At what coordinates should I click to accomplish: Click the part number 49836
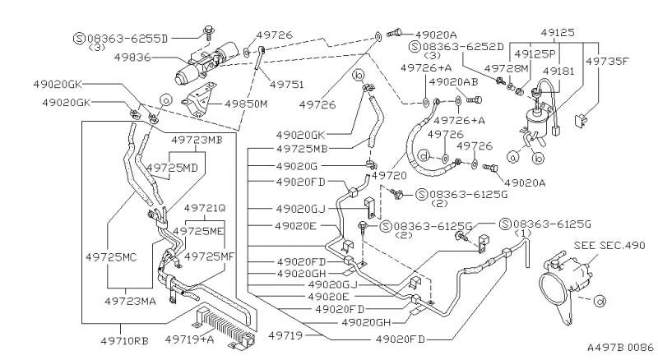pyautogui.click(x=132, y=57)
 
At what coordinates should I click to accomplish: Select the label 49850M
pyautogui.click(x=245, y=104)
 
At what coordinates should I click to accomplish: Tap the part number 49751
pyautogui.click(x=286, y=85)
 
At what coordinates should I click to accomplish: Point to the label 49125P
pyautogui.click(x=535, y=53)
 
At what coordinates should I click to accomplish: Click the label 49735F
pyautogui.click(x=607, y=61)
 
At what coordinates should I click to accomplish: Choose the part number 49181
pyautogui.click(x=558, y=71)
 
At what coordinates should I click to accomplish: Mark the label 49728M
pyautogui.click(x=507, y=68)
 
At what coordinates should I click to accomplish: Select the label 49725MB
pyautogui.click(x=302, y=149)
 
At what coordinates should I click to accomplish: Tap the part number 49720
pyautogui.click(x=388, y=175)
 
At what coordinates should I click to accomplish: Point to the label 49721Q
pyautogui.click(x=205, y=208)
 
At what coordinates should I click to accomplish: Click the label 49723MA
pyautogui.click(x=130, y=301)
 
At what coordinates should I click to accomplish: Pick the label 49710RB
pyautogui.click(x=125, y=340)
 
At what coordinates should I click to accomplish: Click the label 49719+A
pyautogui.click(x=189, y=339)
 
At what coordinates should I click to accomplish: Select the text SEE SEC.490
pyautogui.click(x=609, y=245)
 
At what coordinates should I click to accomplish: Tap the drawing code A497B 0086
pyautogui.click(x=620, y=348)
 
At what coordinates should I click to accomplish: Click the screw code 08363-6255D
pyautogui.click(x=127, y=39)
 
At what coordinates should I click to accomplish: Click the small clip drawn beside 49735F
pyautogui.click(x=581, y=121)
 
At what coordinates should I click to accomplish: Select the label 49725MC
pyautogui.click(x=111, y=256)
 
